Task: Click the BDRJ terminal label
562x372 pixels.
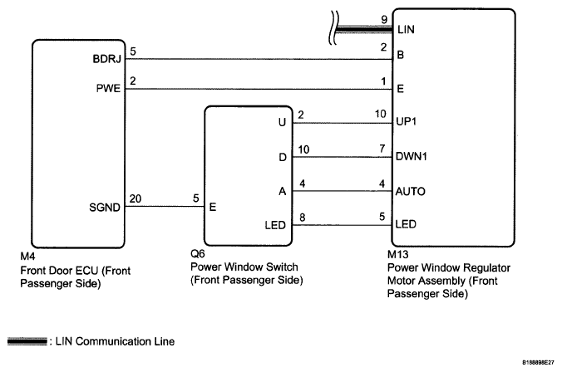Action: [106, 59]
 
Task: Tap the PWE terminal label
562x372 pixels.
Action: [108, 88]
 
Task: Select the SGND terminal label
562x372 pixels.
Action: [105, 208]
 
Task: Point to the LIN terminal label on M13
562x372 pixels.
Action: [406, 29]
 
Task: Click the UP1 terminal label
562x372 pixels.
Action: [406, 122]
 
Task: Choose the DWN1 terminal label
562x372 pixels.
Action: [411, 156]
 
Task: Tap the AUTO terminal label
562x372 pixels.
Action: [411, 192]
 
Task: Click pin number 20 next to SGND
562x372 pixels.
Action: [136, 198]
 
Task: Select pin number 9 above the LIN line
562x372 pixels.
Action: [384, 20]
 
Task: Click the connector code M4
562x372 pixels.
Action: [28, 257]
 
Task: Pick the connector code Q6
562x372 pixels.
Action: [198, 254]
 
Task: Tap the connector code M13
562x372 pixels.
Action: [398, 255]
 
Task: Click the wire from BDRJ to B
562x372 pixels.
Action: [259, 59]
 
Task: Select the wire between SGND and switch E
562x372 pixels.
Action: [165, 207]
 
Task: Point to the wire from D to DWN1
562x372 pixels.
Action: [343, 157]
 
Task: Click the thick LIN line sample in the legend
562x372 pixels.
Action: [27, 341]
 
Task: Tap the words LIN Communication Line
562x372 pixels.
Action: [115, 341]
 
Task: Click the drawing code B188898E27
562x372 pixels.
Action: [538, 363]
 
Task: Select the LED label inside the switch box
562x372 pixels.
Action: [275, 225]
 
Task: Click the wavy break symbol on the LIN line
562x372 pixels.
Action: [333, 28]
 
